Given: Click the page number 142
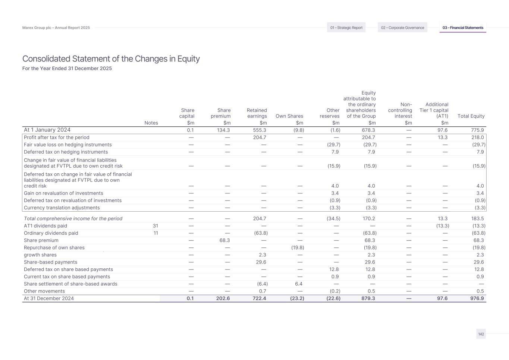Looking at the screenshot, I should pyautogui.click(x=481, y=334).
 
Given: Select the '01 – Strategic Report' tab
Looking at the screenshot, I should pyautogui.click(x=346, y=28).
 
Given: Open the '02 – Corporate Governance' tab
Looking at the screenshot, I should pyautogui.click(x=402, y=28).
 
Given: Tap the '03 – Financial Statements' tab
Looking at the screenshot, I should pyautogui.click(x=463, y=28).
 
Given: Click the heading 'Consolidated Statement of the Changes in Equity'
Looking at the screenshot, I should pyautogui.click(x=111, y=59).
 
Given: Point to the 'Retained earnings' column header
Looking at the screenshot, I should pyautogui.click(x=257, y=113).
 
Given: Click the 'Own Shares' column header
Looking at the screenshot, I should pyautogui.click(x=289, y=116).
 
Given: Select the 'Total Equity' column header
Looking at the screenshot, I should pyautogui.click(x=471, y=116).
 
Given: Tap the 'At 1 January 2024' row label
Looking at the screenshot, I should pyautogui.click(x=47, y=130).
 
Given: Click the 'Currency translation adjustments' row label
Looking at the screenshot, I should pyautogui.click(x=62, y=208).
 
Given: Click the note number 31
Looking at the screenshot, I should pyautogui.click(x=155, y=226).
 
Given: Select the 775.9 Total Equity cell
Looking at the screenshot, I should pyautogui.click(x=477, y=130).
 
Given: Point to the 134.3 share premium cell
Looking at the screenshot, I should pyautogui.click(x=223, y=130).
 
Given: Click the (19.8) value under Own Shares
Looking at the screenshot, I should pyautogui.click(x=298, y=248).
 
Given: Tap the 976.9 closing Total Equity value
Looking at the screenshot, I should pyautogui.click(x=477, y=299).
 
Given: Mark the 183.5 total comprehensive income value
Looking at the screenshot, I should pyautogui.click(x=477, y=219).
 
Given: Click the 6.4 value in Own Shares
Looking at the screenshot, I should pyautogui.click(x=298, y=284).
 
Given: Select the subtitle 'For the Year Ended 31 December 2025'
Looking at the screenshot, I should pyautogui.click(x=67, y=69).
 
